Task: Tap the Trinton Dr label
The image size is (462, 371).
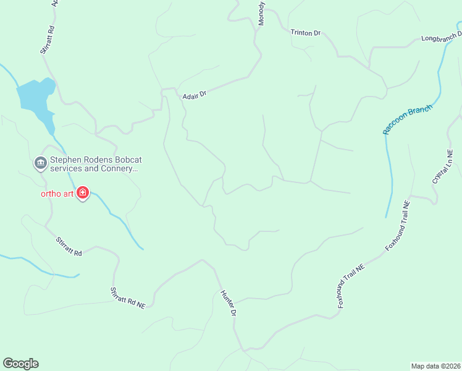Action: (x=306, y=32)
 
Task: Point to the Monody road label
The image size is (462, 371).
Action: (x=262, y=12)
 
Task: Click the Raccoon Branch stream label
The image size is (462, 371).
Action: (x=408, y=119)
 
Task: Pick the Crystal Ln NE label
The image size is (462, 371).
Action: (x=443, y=166)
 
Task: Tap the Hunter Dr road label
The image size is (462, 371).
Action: (x=229, y=304)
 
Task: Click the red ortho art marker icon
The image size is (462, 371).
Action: (x=83, y=194)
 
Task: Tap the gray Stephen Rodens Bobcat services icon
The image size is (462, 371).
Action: (x=41, y=163)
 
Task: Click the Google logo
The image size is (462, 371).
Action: (x=20, y=364)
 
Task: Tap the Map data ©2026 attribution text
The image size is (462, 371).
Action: (x=435, y=365)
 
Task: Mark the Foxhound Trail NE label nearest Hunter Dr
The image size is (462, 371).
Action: (x=351, y=286)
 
